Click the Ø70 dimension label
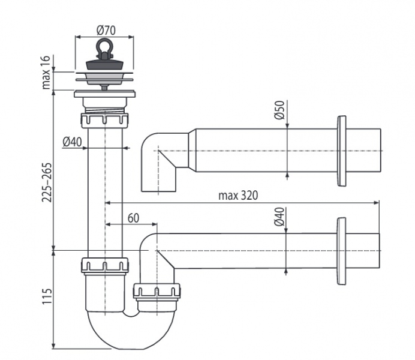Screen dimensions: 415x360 click(106, 30)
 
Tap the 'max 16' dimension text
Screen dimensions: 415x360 click(46, 72)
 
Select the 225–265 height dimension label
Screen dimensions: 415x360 click(47, 182)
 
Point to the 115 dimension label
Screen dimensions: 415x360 click(47, 296)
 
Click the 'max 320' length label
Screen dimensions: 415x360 click(237, 196)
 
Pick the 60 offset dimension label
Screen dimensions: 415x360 click(133, 218)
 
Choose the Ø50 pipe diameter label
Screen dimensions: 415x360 click(279, 110)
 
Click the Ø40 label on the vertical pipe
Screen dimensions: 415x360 click(72, 142)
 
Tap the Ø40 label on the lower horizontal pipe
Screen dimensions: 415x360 click(279, 217)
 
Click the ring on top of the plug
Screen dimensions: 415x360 click(104, 47)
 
